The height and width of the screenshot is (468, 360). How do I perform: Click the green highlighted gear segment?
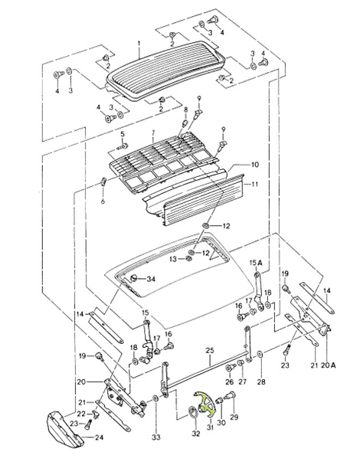[x=205, y=404]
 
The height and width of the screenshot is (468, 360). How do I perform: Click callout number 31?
[x=210, y=427]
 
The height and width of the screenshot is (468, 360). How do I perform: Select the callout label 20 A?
[x=328, y=365]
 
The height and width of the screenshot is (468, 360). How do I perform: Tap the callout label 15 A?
[x=256, y=263]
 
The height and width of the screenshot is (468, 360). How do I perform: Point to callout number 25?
[x=210, y=350]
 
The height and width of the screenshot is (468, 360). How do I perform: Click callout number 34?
[x=151, y=279]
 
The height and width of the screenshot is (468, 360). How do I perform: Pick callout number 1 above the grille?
[x=139, y=44]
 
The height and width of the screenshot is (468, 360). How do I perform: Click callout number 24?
[x=99, y=437]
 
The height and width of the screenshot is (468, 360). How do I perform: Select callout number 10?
[x=254, y=165]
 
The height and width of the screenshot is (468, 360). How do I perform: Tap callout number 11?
[x=254, y=184]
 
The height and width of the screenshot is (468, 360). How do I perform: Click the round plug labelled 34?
[x=134, y=278]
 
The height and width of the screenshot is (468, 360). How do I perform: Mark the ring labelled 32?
[x=193, y=412]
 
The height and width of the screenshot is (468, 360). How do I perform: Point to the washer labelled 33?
[x=155, y=398]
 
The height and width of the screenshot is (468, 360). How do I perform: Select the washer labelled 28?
[x=260, y=355]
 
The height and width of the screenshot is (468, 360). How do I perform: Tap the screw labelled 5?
[x=123, y=146]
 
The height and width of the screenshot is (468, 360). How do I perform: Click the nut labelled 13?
[x=188, y=258]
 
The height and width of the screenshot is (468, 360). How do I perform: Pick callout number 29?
[x=234, y=417]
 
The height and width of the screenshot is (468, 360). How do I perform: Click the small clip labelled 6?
[x=103, y=182]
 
